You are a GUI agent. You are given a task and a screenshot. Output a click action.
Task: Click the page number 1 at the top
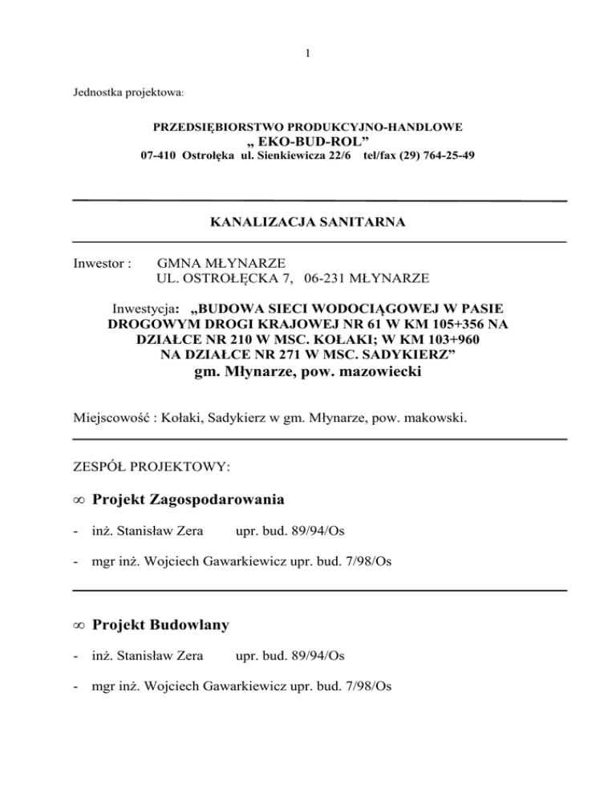308,55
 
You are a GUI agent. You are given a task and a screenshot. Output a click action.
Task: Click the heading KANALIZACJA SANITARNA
307,221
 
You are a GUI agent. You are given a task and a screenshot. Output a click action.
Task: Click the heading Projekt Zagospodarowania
188,502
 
